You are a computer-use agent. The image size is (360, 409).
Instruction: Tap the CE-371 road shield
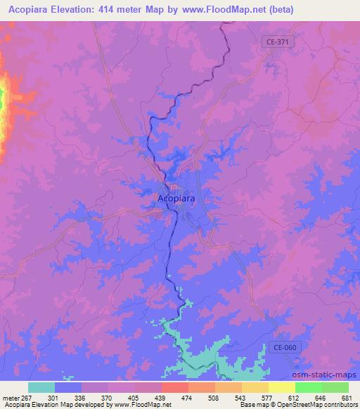point(279,42)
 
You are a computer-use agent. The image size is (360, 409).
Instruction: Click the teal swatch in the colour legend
point(41,387)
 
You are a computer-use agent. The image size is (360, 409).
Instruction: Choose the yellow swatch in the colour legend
point(281,387)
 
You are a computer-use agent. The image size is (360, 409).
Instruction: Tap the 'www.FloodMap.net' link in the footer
point(143,405)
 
